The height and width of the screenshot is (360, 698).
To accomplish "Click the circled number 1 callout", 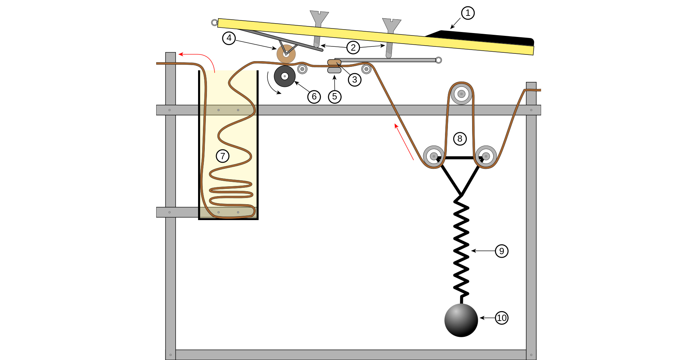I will (x=468, y=13).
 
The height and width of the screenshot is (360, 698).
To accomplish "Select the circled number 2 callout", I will (x=353, y=47).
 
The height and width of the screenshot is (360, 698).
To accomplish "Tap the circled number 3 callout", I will (x=355, y=80).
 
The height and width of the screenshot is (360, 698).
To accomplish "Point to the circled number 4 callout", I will (x=229, y=38).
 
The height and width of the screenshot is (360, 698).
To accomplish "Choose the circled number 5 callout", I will (x=335, y=97).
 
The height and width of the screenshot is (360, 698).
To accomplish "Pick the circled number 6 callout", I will (x=314, y=97).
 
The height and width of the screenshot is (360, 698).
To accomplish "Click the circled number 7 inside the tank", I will (x=223, y=156).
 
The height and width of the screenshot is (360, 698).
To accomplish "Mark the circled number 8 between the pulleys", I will (x=460, y=139).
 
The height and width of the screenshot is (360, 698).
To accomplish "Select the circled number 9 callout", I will (x=502, y=251).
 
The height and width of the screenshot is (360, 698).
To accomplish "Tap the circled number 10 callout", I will (x=502, y=318).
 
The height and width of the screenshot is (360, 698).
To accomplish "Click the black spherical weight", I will (x=461, y=320).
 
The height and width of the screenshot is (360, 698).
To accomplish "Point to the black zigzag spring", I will (x=461, y=246).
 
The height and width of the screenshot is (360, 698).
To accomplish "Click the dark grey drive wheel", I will (x=285, y=76).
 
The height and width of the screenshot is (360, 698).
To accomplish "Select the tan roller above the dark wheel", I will (x=286, y=54).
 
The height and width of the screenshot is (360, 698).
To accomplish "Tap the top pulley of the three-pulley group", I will (x=461, y=94).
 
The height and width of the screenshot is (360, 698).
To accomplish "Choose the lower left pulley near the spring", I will (x=434, y=156).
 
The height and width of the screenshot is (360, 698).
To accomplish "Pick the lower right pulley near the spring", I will (x=486, y=156).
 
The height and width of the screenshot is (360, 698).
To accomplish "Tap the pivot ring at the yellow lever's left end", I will (x=215, y=22).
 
